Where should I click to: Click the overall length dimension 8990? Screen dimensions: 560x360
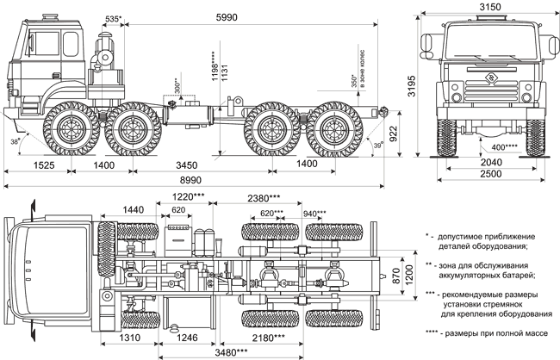[190, 180]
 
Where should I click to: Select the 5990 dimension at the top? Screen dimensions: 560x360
[227, 17]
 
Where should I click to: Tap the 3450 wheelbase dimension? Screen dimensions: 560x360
[186, 165]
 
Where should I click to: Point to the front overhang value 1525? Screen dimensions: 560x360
[44, 165]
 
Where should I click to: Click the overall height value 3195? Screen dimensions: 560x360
[412, 86]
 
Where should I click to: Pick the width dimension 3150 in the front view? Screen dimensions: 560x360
[490, 7]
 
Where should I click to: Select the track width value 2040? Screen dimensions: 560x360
[491, 163]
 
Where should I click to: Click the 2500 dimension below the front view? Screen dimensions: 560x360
[491, 174]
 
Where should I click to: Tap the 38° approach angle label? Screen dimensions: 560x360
[15, 142]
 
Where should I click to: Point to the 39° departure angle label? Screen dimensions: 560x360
[378, 145]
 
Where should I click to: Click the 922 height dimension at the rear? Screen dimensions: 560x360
[393, 133]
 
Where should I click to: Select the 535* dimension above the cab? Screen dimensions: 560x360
[114, 19]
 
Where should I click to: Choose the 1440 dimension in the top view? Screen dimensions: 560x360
[134, 209]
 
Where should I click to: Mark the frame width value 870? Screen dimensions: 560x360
[396, 276]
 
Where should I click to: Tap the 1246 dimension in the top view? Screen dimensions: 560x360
[187, 338]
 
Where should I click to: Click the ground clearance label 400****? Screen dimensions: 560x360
[505, 147]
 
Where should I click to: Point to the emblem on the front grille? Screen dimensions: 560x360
[491, 78]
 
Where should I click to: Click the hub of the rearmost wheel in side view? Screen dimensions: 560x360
[334, 129]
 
